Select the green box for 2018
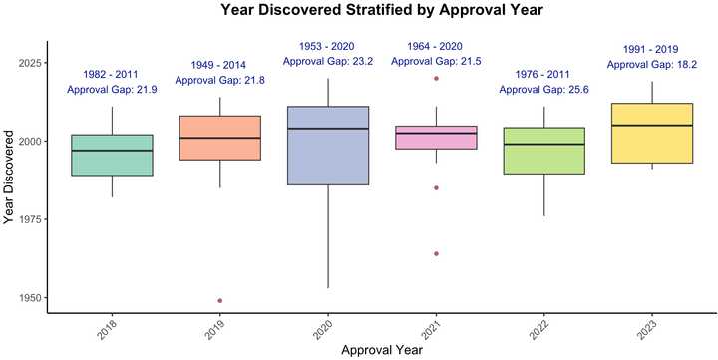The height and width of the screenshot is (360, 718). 112,155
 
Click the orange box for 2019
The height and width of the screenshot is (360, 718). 220,138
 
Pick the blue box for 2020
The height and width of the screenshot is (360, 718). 328,146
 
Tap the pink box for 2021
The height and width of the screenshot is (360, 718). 436,138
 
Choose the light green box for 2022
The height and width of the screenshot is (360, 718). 544,151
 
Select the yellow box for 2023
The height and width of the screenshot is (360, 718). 652,133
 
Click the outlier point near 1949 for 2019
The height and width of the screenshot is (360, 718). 220,300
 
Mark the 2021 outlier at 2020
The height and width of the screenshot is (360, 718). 436,78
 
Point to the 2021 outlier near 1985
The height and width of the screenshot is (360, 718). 436,187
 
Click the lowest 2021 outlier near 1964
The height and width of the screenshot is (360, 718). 436,253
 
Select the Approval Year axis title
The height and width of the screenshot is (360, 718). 382,351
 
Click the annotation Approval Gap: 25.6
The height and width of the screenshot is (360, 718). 544,89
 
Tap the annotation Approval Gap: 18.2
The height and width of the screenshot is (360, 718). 652,64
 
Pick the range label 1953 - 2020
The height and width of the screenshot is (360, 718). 328,46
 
